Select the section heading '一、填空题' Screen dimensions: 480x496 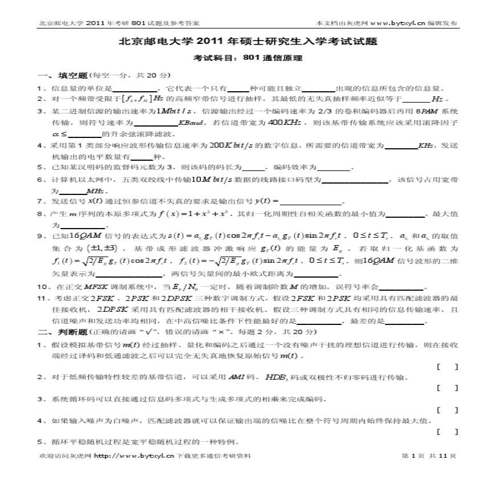click(x=63, y=75)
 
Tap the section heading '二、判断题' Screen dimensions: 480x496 click(x=63, y=332)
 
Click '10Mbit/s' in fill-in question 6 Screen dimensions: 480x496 click(x=211, y=180)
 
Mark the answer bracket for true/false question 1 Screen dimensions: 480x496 click(x=447, y=367)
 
